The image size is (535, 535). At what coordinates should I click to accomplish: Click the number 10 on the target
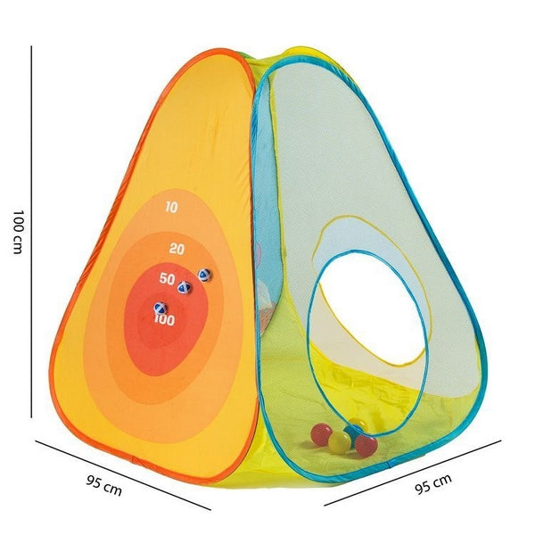pyautogui.click(x=172, y=207)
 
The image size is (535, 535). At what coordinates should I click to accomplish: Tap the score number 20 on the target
pyautogui.click(x=176, y=248)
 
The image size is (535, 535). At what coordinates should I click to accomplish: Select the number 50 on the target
pyautogui.click(x=167, y=279)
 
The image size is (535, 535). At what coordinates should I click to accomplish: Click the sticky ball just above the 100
pyautogui.click(x=160, y=309)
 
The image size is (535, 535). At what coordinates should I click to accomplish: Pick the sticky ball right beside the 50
pyautogui.click(x=185, y=286)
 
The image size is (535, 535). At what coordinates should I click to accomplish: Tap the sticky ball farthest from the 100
pyautogui.click(x=204, y=275)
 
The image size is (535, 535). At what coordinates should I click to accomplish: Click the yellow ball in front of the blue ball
pyautogui.click(x=339, y=441)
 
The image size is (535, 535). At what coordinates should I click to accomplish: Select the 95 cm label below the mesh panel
pyautogui.click(x=433, y=487)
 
